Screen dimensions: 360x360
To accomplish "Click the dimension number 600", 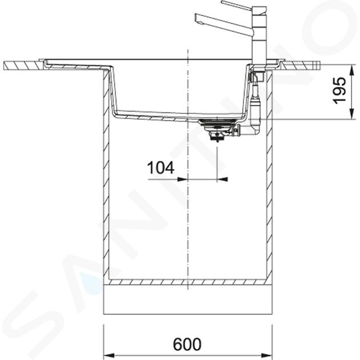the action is click(x=187, y=345).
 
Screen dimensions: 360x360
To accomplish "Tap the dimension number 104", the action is click(x=161, y=167).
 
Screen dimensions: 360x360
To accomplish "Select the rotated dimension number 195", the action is click(x=339, y=90).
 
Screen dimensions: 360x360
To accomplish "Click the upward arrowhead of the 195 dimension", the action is click(x=352, y=70).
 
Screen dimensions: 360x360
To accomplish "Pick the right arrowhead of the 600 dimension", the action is click(x=267, y=355).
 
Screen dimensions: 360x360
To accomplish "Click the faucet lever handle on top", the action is click(x=236, y=5).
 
